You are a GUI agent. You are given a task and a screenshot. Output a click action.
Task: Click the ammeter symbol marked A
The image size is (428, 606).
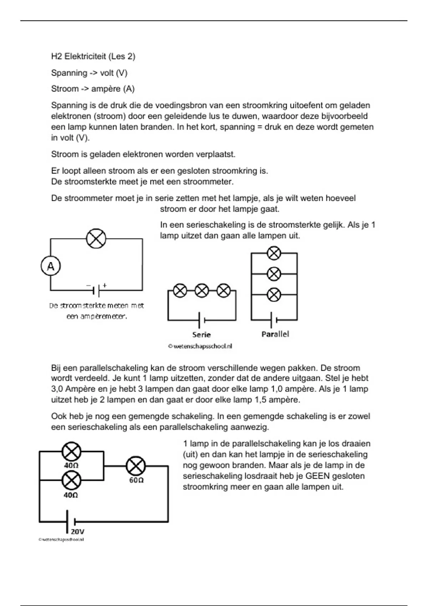coord(51,266)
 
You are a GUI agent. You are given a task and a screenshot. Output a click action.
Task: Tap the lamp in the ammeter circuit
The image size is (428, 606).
coord(96,238)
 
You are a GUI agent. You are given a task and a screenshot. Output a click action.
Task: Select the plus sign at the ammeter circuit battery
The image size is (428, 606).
coord(105,285)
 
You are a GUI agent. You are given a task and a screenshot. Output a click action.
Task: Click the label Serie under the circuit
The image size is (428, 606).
coord(202,335)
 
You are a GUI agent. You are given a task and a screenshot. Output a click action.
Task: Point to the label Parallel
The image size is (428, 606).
coord(275,334)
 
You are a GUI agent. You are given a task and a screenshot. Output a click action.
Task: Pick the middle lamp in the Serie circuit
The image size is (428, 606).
coord(202,291)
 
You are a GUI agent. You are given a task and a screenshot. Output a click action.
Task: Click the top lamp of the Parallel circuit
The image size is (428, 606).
coord(274,253)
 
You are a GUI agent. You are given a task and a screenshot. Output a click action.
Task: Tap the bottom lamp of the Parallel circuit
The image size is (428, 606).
coord(274,295)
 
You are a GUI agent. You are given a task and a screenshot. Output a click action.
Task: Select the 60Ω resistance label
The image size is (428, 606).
coord(136,480)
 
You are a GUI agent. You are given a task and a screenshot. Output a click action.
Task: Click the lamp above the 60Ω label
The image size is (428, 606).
coord(136,466)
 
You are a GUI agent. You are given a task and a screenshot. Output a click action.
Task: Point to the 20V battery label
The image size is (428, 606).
coord(77,531)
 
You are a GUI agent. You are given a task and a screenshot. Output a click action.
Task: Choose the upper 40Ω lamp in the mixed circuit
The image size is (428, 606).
coord(72,452)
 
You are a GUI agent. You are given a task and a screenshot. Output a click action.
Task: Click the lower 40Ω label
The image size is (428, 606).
coord(71,495)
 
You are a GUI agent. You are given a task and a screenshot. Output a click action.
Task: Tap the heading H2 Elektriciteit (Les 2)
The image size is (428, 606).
coord(93,56)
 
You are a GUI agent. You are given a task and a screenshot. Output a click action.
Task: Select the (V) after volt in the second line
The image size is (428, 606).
coord(122,73)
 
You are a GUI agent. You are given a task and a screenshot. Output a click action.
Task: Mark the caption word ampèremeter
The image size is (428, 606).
coord(101,316)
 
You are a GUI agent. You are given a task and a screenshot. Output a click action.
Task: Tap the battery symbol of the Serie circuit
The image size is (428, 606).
coord(202,320)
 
